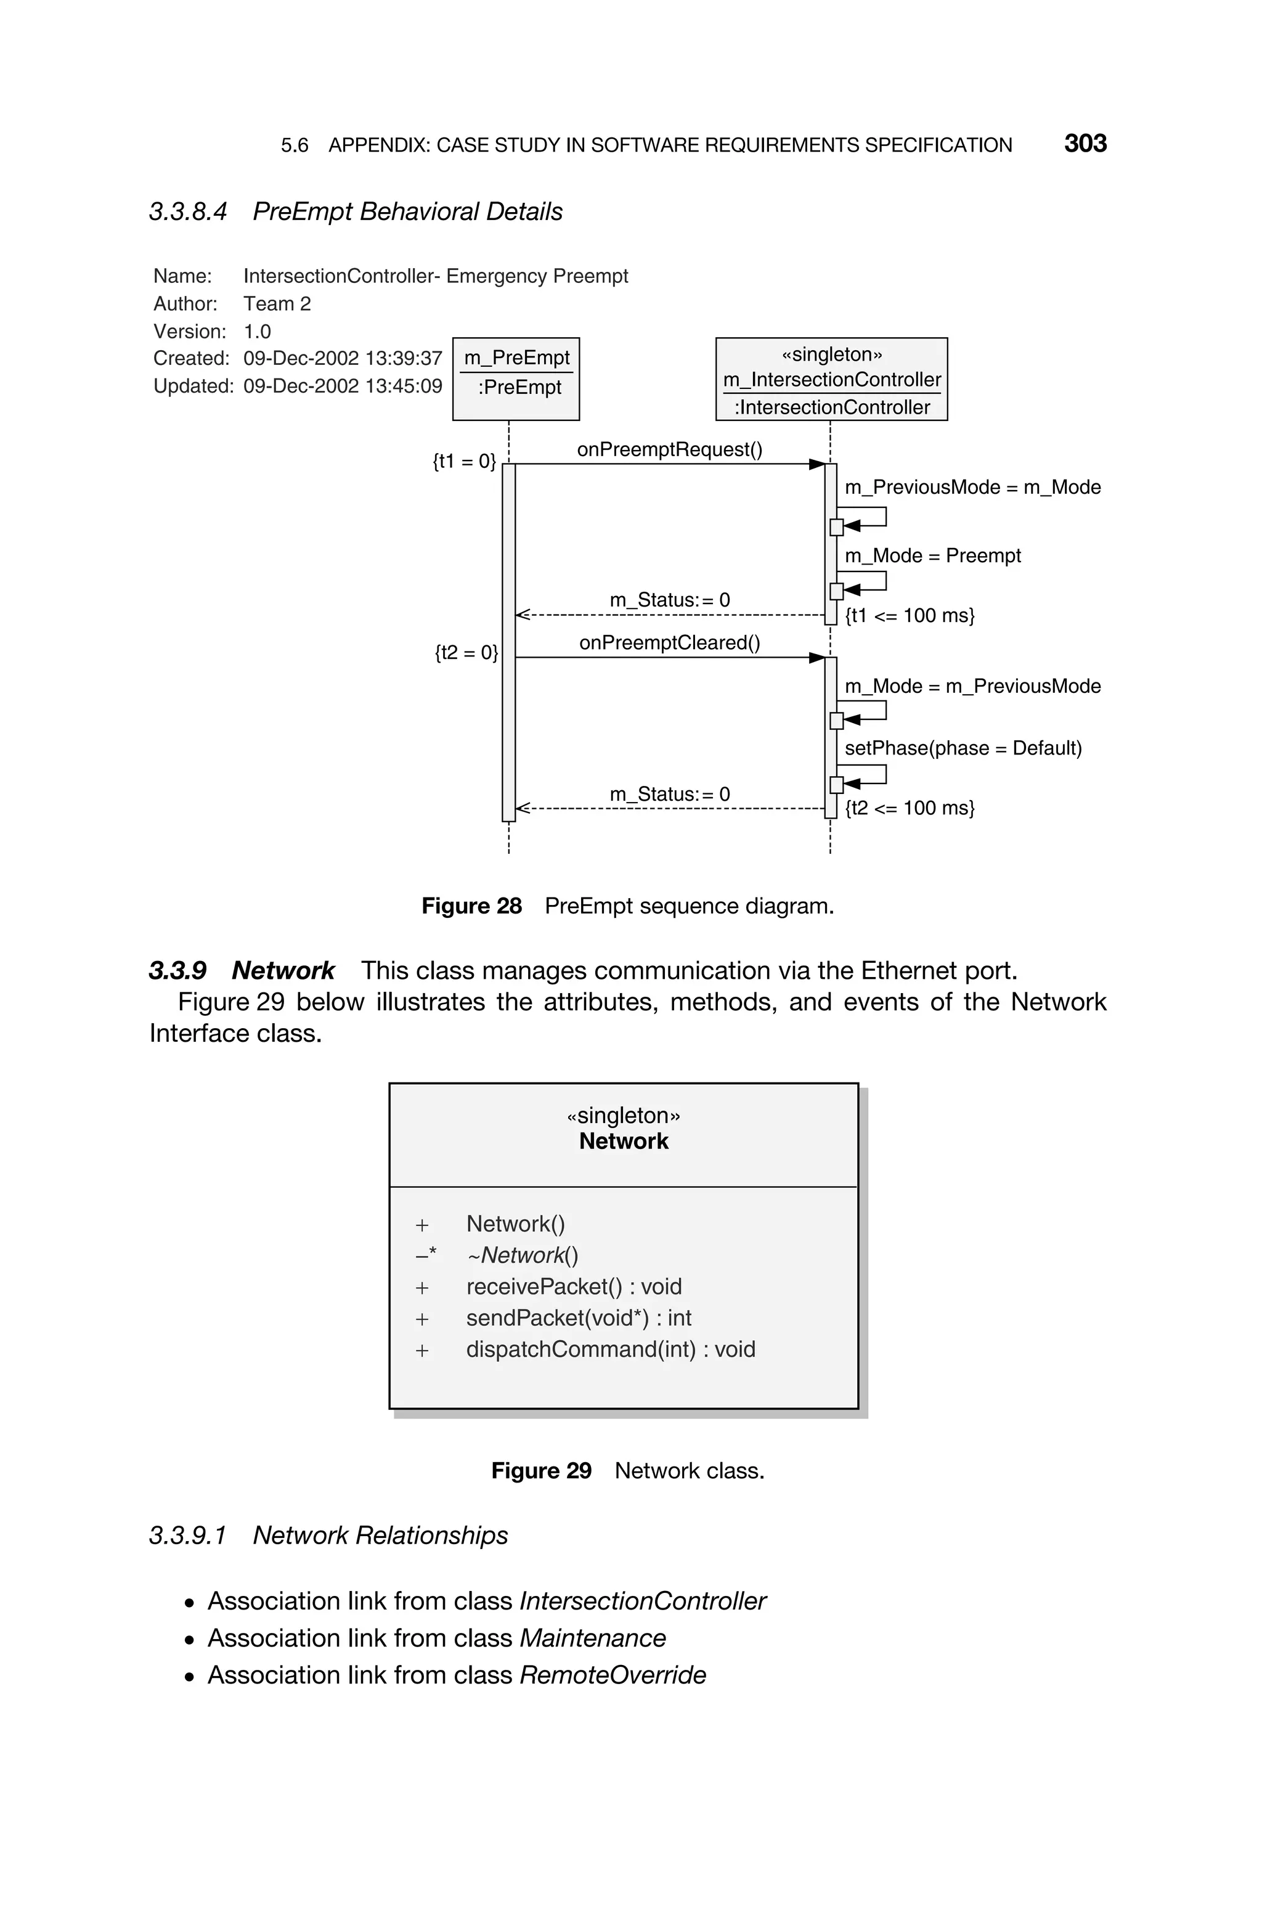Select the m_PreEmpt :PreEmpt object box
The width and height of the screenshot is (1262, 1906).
click(x=516, y=378)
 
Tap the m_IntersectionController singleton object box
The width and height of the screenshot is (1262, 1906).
click(x=831, y=379)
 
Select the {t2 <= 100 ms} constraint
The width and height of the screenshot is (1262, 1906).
click(x=910, y=808)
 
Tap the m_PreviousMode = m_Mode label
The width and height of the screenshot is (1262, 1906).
click(x=972, y=487)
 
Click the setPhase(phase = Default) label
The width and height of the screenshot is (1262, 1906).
click(x=963, y=748)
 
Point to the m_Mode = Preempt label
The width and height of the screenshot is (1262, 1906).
click(x=932, y=555)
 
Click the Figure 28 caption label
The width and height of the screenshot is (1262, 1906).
click(x=471, y=906)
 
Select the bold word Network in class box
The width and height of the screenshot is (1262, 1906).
click(x=623, y=1142)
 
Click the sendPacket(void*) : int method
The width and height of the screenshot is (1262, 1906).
click(x=578, y=1318)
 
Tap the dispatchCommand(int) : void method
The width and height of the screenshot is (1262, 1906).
click(x=610, y=1349)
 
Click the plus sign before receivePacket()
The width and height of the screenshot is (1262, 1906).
click(x=421, y=1288)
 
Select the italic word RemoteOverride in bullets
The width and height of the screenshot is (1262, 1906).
click(x=613, y=1675)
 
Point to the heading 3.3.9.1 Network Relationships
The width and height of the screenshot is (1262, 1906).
click(x=328, y=1536)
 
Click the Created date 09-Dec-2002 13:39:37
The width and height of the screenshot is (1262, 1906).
click(x=342, y=358)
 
